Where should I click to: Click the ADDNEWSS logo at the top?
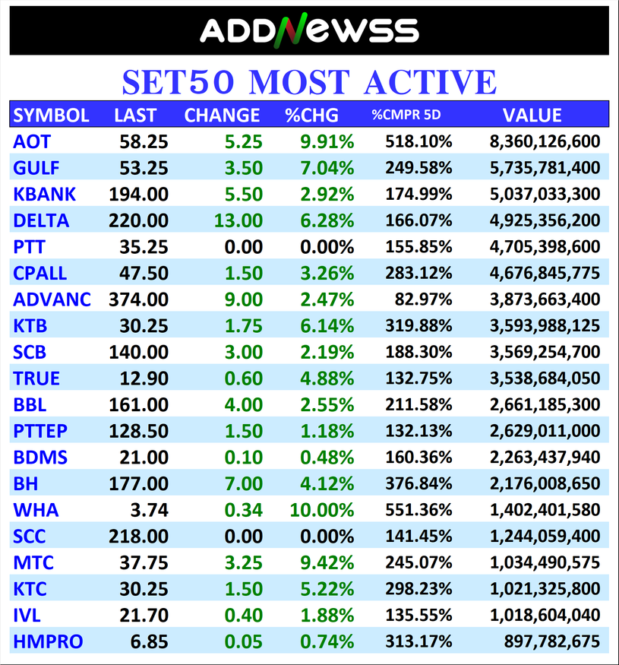pos(309,30)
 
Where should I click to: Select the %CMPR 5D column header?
pos(406,116)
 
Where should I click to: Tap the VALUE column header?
pos(532,116)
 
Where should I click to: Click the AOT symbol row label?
pos(32,141)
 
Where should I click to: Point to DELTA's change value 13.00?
pos(238,220)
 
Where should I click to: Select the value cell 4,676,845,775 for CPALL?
pos(544,273)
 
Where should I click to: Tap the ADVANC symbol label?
pos(52,299)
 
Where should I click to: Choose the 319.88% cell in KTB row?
pos(418,326)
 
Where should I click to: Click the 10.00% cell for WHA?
pos(321,510)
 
